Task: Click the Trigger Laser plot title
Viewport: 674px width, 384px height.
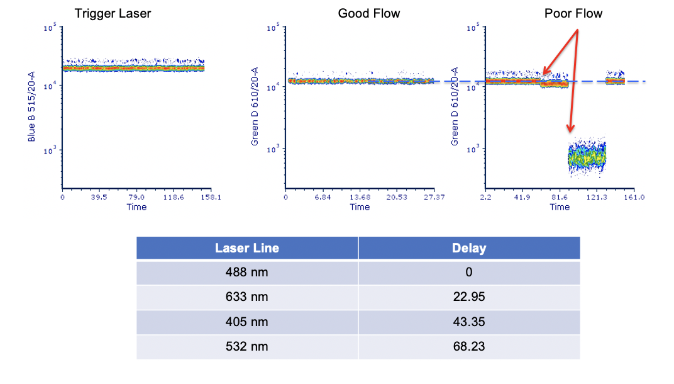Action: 113,13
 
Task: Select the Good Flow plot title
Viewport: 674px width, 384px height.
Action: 369,13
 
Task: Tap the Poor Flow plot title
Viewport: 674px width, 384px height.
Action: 573,13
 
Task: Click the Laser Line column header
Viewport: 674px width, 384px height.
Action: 247,248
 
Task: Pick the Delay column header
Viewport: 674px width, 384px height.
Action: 469,248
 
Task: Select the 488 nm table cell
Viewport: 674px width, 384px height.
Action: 247,273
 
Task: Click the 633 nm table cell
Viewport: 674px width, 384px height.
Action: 247,297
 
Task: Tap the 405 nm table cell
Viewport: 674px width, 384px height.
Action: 247,322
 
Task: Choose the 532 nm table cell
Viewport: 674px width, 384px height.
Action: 247,346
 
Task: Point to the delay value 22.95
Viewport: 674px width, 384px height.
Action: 469,297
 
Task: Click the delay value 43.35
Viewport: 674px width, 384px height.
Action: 469,322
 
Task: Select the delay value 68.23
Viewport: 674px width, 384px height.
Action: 469,346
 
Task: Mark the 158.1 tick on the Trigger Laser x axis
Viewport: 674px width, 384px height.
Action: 211,198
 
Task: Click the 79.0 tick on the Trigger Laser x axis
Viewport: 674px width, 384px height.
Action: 136,198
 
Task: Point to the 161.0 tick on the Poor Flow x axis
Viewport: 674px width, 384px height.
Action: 634,198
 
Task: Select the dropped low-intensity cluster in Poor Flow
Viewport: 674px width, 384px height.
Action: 586,157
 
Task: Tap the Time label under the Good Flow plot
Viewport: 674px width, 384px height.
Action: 360,207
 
